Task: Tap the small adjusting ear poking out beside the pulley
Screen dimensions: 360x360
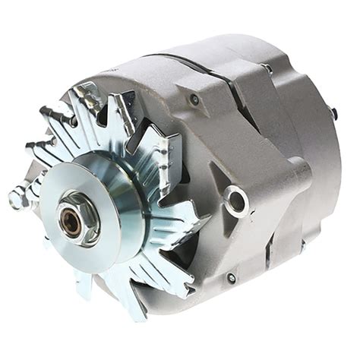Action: [x=17, y=199]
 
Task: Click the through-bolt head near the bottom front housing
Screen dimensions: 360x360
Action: [x=231, y=278]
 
